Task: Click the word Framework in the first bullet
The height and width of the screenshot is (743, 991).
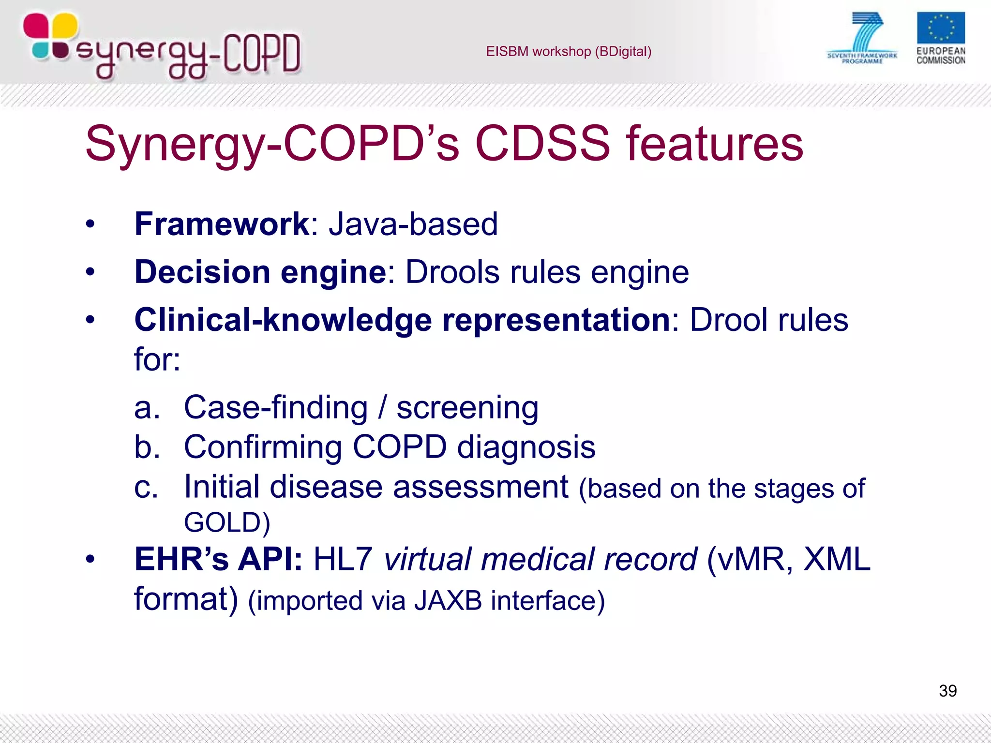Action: pyautogui.click(x=222, y=224)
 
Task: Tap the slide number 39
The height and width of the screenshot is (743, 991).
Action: pyautogui.click(x=947, y=691)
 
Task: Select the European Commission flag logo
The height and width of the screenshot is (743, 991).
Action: pyautogui.click(x=940, y=29)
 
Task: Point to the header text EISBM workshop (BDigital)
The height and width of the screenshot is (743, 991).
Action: pyautogui.click(x=569, y=51)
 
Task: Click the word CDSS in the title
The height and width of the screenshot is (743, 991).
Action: pyautogui.click(x=542, y=144)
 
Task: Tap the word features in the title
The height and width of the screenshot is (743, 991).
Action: pyautogui.click(x=714, y=144)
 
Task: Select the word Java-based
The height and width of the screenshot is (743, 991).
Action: pyautogui.click(x=413, y=224)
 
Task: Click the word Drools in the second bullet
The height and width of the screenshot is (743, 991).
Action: pyautogui.click(x=452, y=272)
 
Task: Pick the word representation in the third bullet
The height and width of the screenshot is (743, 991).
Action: pyautogui.click(x=556, y=320)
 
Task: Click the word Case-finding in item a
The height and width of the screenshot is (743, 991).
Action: pyautogui.click(x=276, y=408)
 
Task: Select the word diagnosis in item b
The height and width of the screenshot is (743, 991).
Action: pyautogui.click(x=526, y=447)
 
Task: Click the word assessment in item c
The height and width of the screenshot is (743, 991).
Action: pyautogui.click(x=480, y=487)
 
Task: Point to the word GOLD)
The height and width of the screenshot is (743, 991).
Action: pyautogui.click(x=227, y=523)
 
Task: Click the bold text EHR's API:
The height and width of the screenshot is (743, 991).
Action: pyautogui.click(x=218, y=560)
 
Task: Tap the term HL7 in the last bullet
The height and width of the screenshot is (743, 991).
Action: pyautogui.click(x=343, y=560)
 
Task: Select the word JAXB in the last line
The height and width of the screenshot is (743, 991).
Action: pyautogui.click(x=448, y=601)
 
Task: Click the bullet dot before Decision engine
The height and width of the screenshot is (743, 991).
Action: pyautogui.click(x=90, y=272)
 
